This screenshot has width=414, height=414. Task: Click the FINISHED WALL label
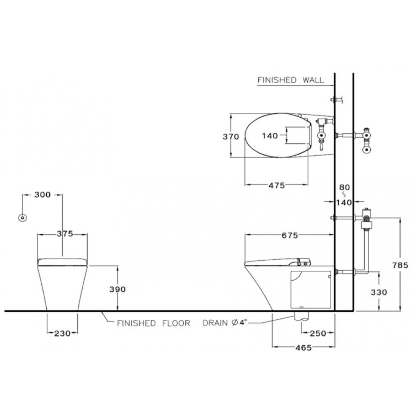[x=291, y=80]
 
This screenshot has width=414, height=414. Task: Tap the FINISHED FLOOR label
[x=153, y=323]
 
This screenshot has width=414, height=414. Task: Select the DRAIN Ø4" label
[x=224, y=322]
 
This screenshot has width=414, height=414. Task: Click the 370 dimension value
[x=231, y=136]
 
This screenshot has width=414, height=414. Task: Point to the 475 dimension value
[x=277, y=185]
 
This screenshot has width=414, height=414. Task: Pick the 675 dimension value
[x=290, y=235]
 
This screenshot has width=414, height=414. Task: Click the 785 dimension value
[x=400, y=265]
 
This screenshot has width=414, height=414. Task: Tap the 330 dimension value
[x=379, y=292]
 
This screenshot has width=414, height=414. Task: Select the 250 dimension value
[x=318, y=333]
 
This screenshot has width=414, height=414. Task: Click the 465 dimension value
[x=303, y=348]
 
